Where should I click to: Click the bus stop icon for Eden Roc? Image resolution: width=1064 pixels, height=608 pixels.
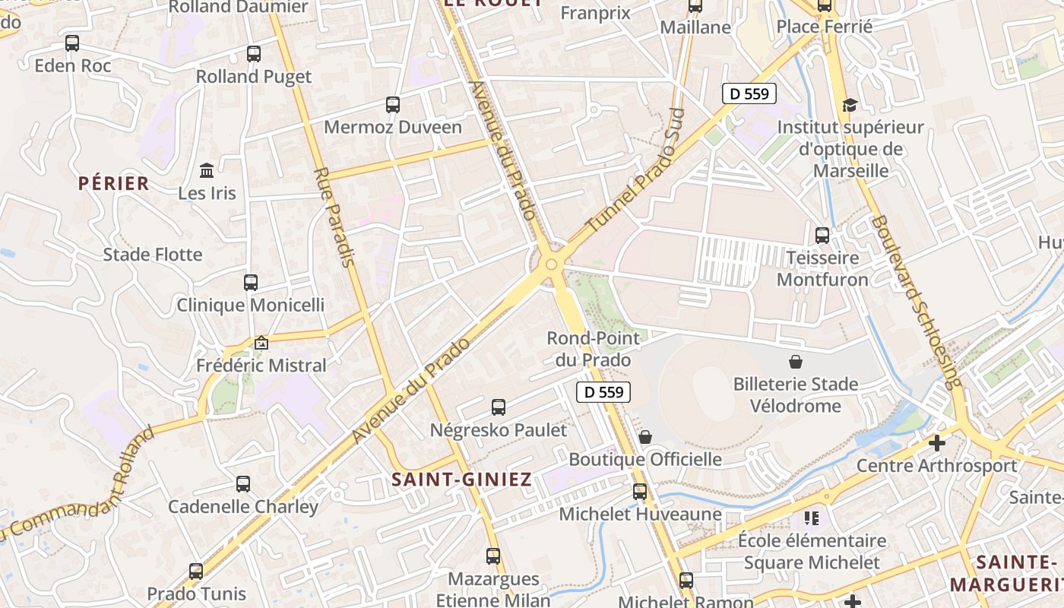(x=72, y=43)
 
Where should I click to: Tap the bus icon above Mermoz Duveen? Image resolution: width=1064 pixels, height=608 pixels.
(x=393, y=105)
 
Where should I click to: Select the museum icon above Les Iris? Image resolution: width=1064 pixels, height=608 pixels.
(x=207, y=170)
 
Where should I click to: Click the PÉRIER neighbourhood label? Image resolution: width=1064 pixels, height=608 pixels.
(x=114, y=183)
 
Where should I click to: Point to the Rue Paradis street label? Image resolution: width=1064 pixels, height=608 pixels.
(x=334, y=217)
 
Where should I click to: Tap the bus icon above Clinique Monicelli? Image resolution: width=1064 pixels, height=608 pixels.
(x=251, y=283)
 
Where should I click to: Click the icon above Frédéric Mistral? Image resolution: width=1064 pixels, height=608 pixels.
(x=261, y=343)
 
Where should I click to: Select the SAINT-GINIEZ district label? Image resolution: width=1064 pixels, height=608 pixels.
(x=461, y=480)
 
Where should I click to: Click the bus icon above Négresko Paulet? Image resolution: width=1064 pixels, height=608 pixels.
(x=499, y=407)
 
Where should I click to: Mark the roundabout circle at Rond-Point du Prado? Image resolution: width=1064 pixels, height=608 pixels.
(x=552, y=264)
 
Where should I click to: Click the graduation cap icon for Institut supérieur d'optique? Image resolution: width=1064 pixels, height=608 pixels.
(x=850, y=106)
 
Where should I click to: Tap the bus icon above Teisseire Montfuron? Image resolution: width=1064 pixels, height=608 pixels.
(x=822, y=236)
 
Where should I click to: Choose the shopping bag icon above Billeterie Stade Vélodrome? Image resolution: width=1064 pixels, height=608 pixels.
(x=796, y=361)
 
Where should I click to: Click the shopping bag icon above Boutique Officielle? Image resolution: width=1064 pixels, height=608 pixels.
(x=645, y=437)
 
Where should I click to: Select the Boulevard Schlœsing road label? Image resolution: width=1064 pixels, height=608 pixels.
(x=916, y=302)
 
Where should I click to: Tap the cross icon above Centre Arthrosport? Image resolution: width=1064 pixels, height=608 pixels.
(x=937, y=442)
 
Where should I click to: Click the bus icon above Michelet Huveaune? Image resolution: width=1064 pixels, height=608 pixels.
(x=640, y=492)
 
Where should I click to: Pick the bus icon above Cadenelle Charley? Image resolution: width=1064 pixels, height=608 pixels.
(x=243, y=484)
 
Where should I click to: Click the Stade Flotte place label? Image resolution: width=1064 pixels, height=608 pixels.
(x=153, y=255)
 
